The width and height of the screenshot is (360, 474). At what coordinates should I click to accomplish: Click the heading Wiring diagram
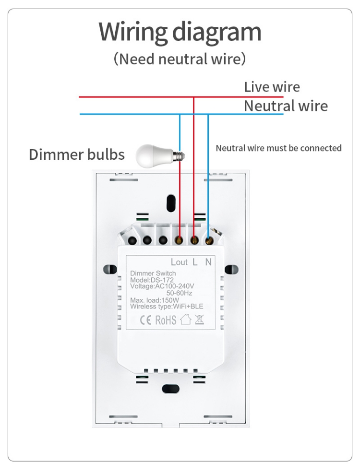click(x=180, y=32)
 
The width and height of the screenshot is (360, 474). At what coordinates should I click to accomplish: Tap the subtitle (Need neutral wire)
click(x=180, y=59)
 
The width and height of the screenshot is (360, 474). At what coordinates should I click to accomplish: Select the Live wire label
click(x=272, y=87)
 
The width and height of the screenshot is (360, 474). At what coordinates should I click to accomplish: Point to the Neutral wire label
click(x=286, y=106)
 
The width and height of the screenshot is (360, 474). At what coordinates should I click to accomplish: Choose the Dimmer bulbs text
click(x=77, y=154)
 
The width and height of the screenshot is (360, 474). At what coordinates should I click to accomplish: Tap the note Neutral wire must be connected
click(x=278, y=148)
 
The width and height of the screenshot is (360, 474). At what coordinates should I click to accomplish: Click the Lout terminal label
click(x=179, y=262)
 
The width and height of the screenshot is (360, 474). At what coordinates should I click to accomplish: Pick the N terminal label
click(x=208, y=262)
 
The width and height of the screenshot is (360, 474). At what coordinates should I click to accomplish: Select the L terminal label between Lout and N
click(x=195, y=262)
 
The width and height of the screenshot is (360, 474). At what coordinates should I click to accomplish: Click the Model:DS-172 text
click(x=152, y=280)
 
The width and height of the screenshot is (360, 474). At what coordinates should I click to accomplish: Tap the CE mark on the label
click(x=144, y=320)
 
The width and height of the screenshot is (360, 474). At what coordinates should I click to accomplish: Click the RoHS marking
click(x=166, y=320)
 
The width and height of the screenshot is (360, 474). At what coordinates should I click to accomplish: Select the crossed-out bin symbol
click(x=199, y=320)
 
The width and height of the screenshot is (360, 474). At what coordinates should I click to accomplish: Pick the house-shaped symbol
click(x=185, y=320)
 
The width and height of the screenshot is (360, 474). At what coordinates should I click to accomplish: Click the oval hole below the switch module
click(x=169, y=389)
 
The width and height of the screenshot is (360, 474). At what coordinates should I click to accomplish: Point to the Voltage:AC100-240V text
click(x=162, y=286)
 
